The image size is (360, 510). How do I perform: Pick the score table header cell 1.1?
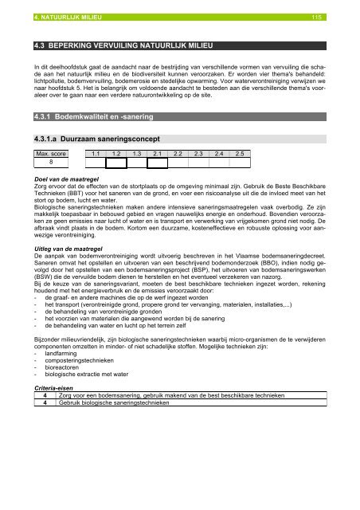tap(96, 153)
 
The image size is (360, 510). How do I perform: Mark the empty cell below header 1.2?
tap(117, 163)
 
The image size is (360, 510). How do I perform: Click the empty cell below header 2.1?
tap(158, 163)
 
